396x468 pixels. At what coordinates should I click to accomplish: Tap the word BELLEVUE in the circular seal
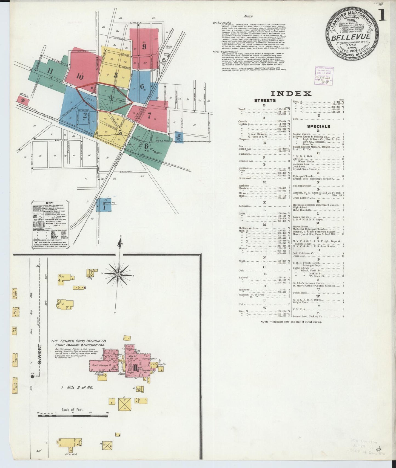351,37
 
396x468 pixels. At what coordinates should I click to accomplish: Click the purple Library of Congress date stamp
324,76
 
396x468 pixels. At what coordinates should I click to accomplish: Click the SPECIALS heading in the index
318,126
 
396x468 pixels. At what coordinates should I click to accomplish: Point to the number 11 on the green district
50,71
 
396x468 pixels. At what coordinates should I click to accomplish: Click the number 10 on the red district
80,76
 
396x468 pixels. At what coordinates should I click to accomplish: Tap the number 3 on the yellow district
116,75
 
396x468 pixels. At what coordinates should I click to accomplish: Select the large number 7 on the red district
149,115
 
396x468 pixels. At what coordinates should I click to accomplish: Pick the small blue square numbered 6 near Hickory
179,136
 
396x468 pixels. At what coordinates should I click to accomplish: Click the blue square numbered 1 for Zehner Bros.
104,207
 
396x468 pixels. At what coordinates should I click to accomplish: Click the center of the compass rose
118,274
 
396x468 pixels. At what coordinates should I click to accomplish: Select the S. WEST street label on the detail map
40,353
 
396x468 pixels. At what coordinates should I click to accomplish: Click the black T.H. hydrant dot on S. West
32,377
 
